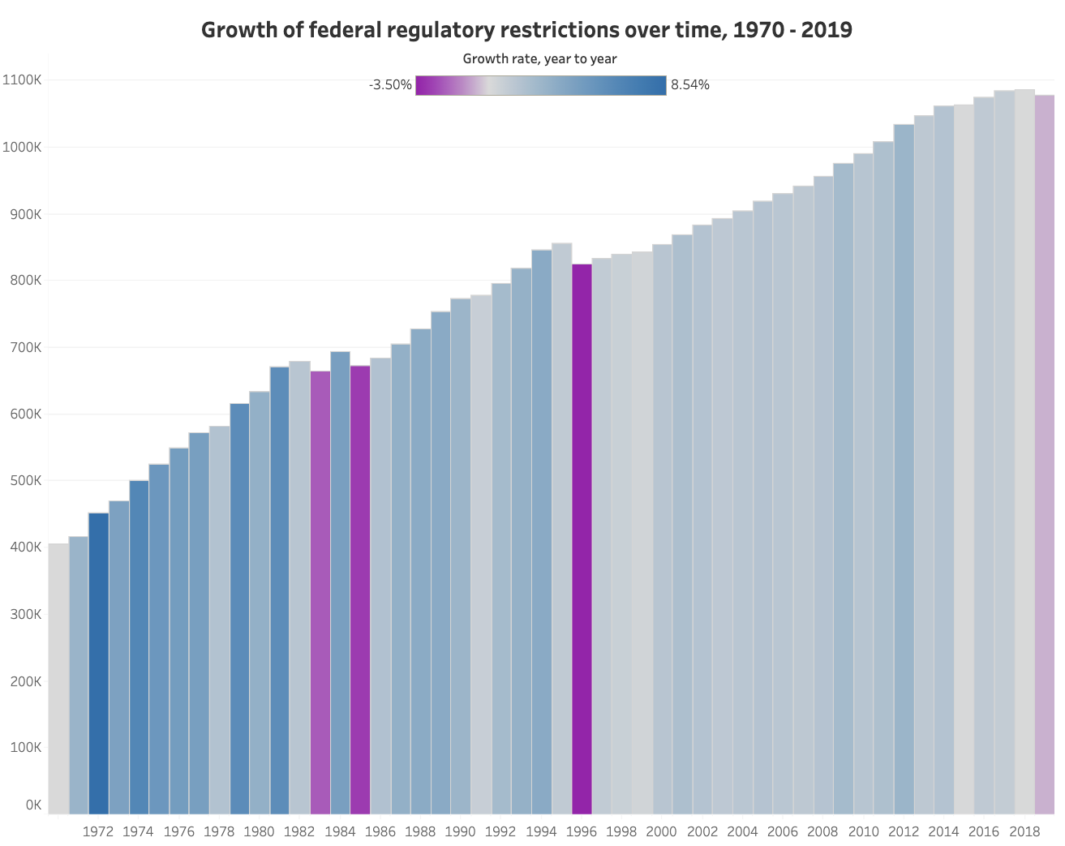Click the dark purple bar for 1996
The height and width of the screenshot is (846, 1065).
[x=582, y=539]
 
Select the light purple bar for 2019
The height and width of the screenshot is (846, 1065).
[x=1045, y=454]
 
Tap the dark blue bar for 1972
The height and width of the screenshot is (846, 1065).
[x=98, y=663]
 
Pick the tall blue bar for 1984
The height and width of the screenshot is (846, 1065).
[x=340, y=582]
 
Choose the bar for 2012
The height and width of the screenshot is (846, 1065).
[x=904, y=469]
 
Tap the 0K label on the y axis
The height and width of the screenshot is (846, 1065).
[x=33, y=805]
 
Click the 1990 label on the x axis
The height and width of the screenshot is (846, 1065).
[x=461, y=831]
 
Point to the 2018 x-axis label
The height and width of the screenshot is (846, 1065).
[x=1024, y=831]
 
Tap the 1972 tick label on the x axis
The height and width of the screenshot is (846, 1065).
[x=98, y=831]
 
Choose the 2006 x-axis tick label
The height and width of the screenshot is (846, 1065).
[x=783, y=831]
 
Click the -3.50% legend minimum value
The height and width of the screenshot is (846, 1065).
[x=390, y=85]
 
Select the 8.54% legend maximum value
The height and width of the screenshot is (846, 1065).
[x=690, y=85]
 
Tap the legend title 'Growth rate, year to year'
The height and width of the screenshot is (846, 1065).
[x=539, y=58]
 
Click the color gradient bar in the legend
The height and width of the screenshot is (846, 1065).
[x=540, y=85]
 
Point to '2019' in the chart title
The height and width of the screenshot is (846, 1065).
[x=825, y=30]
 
